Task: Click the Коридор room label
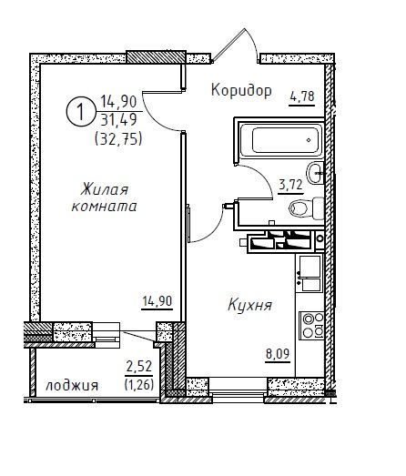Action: tap(241, 91)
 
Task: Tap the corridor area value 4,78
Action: tap(302, 96)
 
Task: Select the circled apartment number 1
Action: tap(80, 112)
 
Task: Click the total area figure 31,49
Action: tap(118, 120)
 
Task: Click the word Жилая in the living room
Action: tap(105, 190)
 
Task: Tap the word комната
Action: tap(104, 207)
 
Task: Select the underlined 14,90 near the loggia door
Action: tap(157, 301)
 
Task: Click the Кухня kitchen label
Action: tap(249, 305)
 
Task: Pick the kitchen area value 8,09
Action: tap(278, 354)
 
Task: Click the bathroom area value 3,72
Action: tap(290, 184)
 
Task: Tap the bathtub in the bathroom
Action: tap(281, 139)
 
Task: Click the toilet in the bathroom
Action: tap(307, 208)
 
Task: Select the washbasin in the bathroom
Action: tap(315, 173)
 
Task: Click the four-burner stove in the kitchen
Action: tap(311, 326)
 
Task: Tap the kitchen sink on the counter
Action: tap(310, 274)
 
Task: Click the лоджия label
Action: tap(72, 386)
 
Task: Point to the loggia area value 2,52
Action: tap(139, 367)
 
